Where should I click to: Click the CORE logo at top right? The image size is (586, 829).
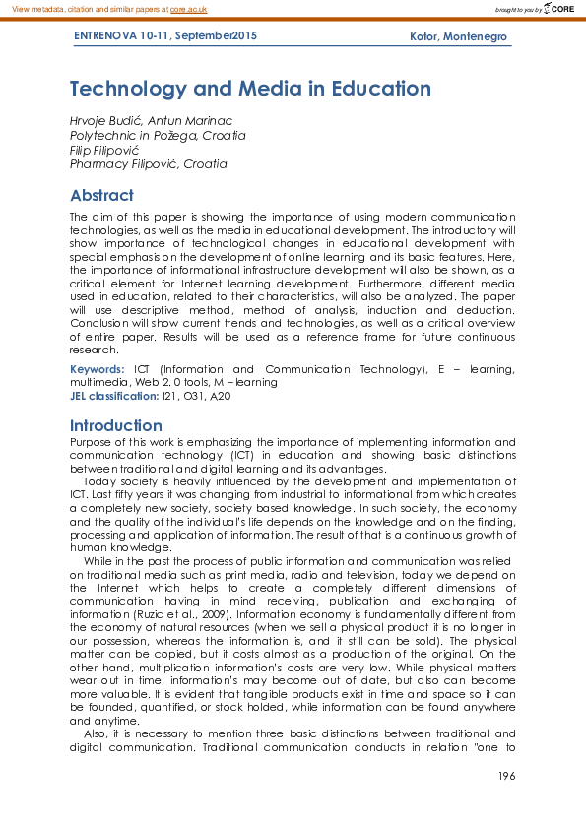pyautogui.click(x=556, y=9)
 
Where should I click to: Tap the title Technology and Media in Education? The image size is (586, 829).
pyautogui.click(x=250, y=89)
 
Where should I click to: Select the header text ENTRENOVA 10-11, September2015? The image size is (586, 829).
pyautogui.click(x=165, y=36)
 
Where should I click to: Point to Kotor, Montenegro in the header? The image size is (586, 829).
pyautogui.click(x=458, y=36)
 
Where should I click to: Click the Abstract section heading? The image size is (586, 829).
pyautogui.click(x=101, y=195)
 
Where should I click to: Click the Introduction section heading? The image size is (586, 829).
pyautogui.click(x=116, y=425)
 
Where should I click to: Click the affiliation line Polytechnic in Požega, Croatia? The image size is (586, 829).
pyautogui.click(x=158, y=135)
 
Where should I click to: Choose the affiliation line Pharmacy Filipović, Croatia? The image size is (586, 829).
pyautogui.click(x=148, y=164)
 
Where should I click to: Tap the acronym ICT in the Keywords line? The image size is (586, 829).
pyautogui.click(x=143, y=369)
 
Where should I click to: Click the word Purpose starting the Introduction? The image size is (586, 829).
pyautogui.click(x=91, y=442)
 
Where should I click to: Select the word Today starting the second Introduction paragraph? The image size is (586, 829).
pyautogui.click(x=100, y=481)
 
